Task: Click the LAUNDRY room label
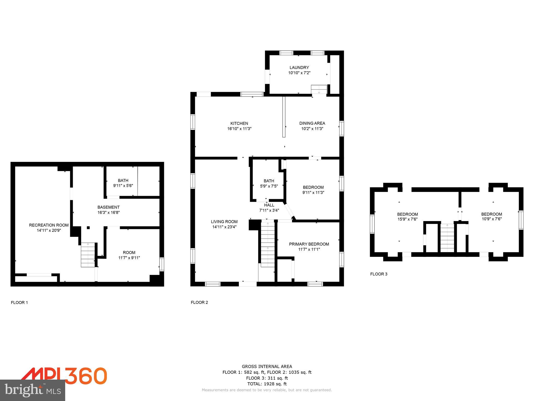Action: [299, 67]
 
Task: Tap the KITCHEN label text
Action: [239, 123]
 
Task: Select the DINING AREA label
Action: [312, 123]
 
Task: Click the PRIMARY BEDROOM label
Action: [309, 244]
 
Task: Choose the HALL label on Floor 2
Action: [269, 205]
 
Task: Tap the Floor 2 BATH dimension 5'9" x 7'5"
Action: [269, 186]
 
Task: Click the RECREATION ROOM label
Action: [49, 225]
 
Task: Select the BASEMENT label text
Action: [108, 207]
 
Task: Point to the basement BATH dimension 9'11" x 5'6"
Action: [123, 186]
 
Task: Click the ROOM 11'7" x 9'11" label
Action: [129, 255]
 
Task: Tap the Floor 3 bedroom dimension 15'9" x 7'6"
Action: [408, 219]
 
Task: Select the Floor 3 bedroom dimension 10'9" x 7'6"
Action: [491, 219]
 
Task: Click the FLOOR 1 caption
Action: [19, 303]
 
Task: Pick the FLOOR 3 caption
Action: [379, 274]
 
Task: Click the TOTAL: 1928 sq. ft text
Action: [267, 384]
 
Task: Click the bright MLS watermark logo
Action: [33, 390]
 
